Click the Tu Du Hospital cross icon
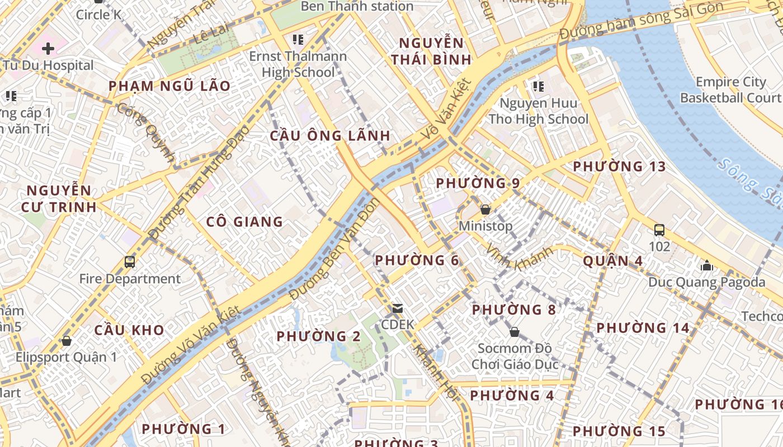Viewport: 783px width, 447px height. [48, 49]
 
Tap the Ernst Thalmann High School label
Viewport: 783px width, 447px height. [298, 64]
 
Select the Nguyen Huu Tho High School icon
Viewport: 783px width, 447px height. [538, 87]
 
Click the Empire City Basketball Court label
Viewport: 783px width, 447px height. [730, 90]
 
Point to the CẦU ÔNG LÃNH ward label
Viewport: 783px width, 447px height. [330, 136]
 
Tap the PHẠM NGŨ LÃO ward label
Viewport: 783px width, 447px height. [169, 86]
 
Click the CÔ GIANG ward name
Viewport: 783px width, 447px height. [244, 222]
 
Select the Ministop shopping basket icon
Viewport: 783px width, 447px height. [485, 210]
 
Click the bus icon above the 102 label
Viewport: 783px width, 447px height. [659, 230]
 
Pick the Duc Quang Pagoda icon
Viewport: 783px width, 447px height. [707, 265]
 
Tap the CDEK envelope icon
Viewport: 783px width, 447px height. [398, 308]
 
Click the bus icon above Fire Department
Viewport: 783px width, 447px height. [130, 261]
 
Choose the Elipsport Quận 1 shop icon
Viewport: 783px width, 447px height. [67, 340]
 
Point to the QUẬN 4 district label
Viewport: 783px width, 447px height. [612, 261]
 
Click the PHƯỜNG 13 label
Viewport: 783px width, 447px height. [620, 167]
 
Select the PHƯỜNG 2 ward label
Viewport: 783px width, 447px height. [319, 336]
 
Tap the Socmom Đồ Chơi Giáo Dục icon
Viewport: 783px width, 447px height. [515, 332]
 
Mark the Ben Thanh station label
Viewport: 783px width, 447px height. [357, 7]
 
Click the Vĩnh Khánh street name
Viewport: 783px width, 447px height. [519, 258]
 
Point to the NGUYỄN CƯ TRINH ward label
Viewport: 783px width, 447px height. [59, 199]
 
